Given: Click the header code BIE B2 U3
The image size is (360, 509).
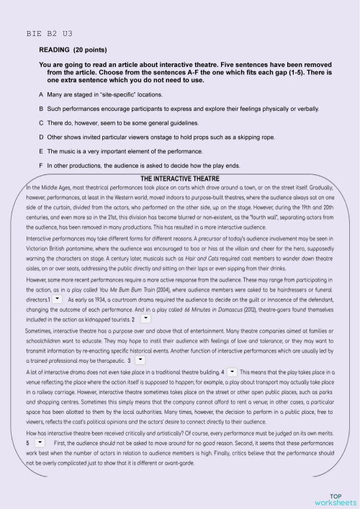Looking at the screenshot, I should (x=49, y=34).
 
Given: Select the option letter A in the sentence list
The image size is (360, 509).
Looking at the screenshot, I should (x=41, y=95).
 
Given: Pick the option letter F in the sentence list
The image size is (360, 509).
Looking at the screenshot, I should (x=41, y=166).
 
